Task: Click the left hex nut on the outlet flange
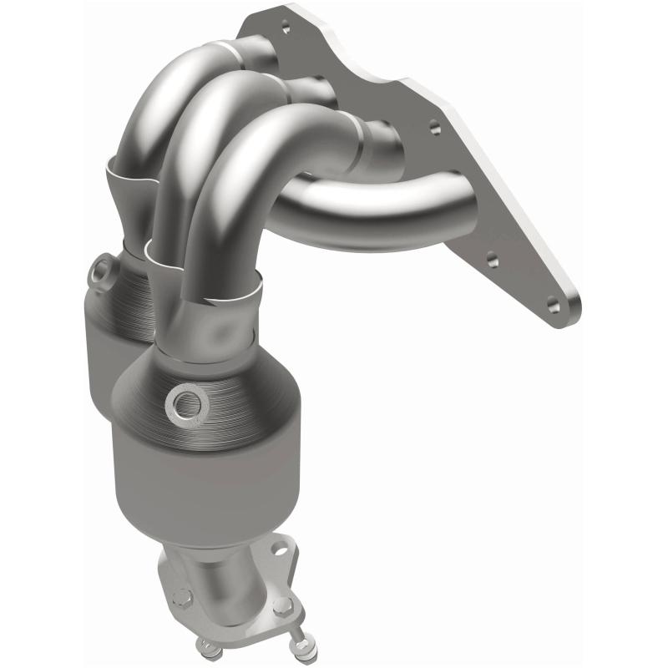click(183, 597)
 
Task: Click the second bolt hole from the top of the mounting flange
click(433, 128)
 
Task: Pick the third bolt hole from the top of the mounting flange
click(492, 260)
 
